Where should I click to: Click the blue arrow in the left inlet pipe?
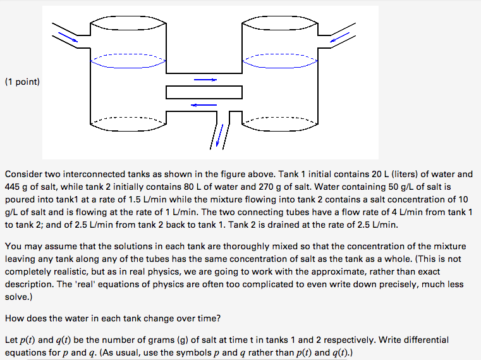pos(70,37)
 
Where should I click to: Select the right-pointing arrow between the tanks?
pos(205,80)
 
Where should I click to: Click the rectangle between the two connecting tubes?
pos(204,92)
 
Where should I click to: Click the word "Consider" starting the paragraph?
pos(23,174)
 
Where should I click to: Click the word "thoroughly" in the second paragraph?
pos(220,246)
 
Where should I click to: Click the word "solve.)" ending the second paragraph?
pos(18,297)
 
